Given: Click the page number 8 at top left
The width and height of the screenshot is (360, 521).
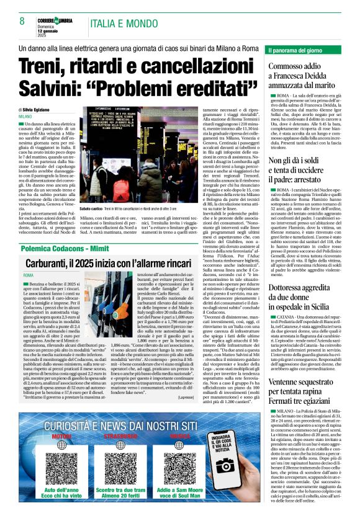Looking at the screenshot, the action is pos(22,21).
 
